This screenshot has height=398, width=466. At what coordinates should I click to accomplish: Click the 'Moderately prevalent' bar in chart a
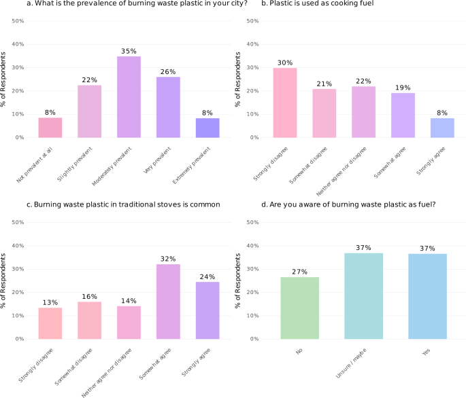[x=129, y=97]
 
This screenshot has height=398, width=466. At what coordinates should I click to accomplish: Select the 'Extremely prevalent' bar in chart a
[x=208, y=128]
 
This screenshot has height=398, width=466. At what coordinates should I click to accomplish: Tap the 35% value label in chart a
[x=129, y=51]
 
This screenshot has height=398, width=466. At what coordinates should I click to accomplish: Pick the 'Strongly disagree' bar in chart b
[x=285, y=103]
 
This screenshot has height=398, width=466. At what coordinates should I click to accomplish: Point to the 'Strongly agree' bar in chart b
[x=443, y=128]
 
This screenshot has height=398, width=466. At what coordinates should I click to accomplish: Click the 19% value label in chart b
[x=403, y=88]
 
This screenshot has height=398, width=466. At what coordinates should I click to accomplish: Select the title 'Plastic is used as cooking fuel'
[x=320, y=5]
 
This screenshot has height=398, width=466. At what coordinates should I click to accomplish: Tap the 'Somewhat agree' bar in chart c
[x=169, y=302]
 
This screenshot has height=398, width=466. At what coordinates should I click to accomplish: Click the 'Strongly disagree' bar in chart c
[x=50, y=323]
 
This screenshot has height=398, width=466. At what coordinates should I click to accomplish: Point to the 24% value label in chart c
[x=208, y=276]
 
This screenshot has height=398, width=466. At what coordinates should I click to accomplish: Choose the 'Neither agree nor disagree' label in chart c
[x=112, y=362]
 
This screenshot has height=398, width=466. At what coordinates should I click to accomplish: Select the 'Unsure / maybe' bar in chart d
[x=363, y=296]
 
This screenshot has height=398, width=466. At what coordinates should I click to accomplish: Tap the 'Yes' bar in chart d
[x=427, y=296]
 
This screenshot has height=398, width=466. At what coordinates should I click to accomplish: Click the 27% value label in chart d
[x=299, y=271]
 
